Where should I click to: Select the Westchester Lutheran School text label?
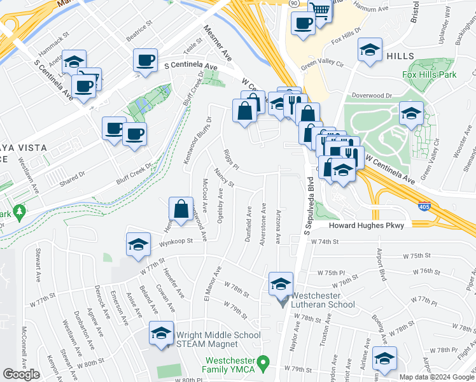[x=324, y=301]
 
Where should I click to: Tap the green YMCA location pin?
[x=270, y=362]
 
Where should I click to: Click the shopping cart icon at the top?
[x=320, y=10]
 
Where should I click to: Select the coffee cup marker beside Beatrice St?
[x=145, y=61]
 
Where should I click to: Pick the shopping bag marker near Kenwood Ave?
[x=181, y=209]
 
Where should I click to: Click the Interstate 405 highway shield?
[x=423, y=206]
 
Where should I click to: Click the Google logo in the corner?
[x=21, y=374]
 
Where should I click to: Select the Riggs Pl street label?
[x=230, y=161]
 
